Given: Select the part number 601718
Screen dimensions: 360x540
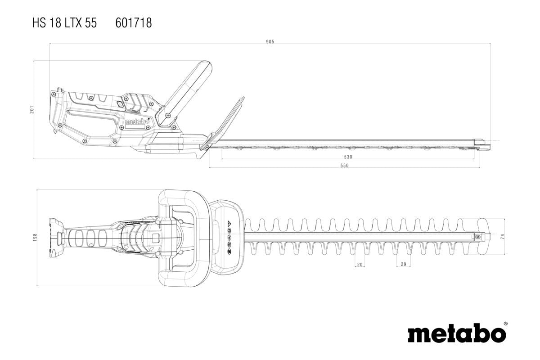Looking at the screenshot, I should click(134, 23).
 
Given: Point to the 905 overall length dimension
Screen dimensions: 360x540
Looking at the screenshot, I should click(270, 41).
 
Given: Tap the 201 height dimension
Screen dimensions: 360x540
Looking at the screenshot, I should click(32, 109).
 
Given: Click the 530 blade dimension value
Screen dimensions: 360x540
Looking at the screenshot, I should click(348, 157).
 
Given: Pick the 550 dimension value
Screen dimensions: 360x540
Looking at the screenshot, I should click(344, 166).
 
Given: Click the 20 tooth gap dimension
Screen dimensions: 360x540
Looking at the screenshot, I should click(360, 265).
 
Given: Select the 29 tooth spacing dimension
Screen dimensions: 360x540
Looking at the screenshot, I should click(403, 265).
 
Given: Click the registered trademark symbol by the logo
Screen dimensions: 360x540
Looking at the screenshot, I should click(506, 324).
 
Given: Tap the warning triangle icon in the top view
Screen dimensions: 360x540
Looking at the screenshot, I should click(229, 224).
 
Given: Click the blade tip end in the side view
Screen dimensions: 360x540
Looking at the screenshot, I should click(484, 144).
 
